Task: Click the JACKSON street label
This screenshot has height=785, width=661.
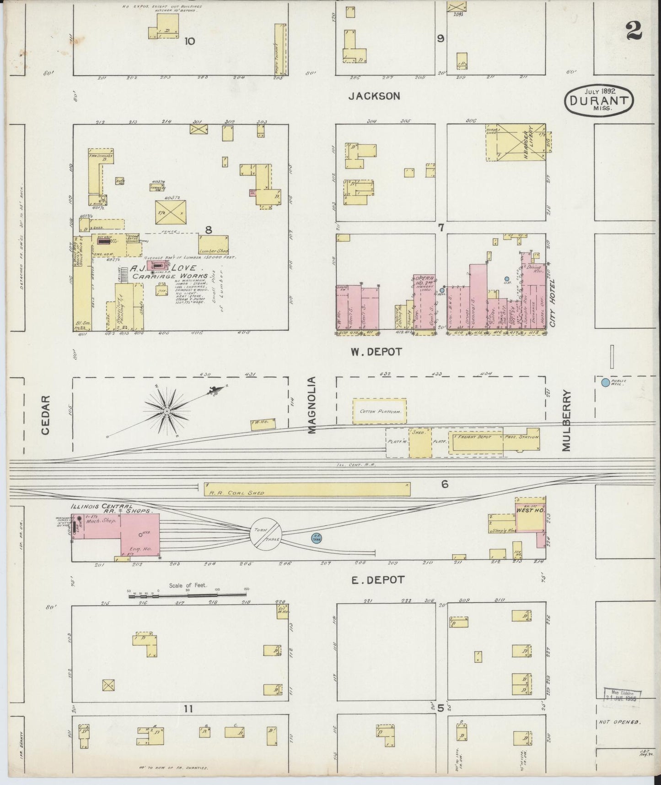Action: (374, 96)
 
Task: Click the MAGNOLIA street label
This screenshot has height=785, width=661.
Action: (312, 405)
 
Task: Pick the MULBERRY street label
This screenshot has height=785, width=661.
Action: (567, 420)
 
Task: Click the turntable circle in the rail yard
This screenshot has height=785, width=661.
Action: (265, 535)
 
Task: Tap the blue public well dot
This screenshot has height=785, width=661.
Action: (605, 382)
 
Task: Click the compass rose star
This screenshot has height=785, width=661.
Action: (167, 412)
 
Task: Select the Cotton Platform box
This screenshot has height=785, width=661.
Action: (379, 411)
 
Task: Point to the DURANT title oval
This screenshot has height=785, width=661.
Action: (599, 99)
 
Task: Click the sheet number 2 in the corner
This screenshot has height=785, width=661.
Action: (634, 31)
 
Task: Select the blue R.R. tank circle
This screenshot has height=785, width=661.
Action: (316, 538)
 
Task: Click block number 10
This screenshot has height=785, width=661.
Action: (189, 41)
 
